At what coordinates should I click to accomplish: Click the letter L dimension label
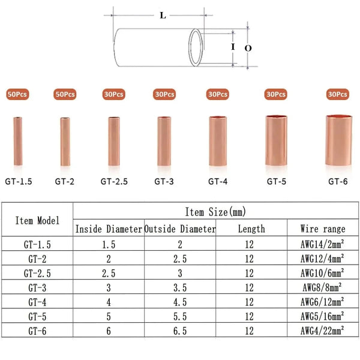[163, 16]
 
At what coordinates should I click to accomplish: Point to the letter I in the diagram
[233, 47]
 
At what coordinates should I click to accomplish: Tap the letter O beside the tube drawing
[248, 48]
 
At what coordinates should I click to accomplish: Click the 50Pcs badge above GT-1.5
[17, 94]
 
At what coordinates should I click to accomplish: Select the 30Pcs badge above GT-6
[337, 94]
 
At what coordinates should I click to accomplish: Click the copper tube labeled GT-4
[218, 141]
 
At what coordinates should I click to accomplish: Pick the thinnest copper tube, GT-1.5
[18, 141]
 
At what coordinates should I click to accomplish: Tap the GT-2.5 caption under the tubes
[114, 181]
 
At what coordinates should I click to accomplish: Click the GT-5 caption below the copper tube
[277, 181]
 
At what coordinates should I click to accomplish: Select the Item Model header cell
[37, 220]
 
